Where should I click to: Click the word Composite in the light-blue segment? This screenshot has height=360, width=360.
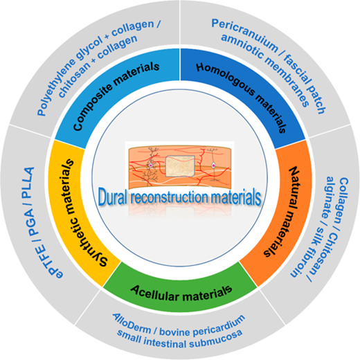pyautogui.click(x=92, y=106)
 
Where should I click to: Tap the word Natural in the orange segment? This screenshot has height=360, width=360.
pyautogui.click(x=292, y=189)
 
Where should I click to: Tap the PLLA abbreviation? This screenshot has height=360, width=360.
pyautogui.click(x=28, y=182)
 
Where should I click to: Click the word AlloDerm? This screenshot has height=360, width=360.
pyautogui.click(x=132, y=323)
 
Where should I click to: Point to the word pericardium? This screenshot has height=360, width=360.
pyautogui.click(x=219, y=325)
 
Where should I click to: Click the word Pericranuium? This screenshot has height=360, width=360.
pyautogui.click(x=244, y=34)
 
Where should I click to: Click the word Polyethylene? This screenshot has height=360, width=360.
pyautogui.click(x=55, y=87)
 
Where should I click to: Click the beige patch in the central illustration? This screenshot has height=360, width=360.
pyautogui.click(x=180, y=166)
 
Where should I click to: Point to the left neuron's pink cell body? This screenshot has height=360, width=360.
pyautogui.click(x=150, y=165)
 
